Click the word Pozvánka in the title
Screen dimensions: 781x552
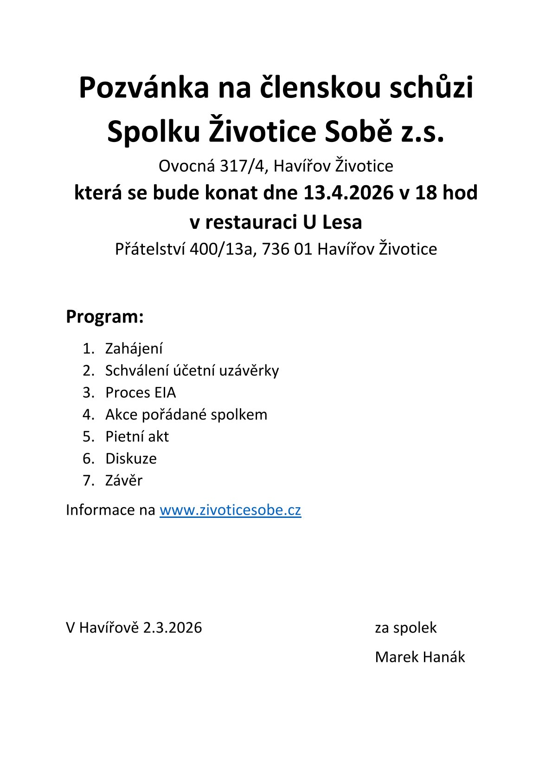coord(144,87)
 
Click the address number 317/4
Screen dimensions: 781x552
coord(242,166)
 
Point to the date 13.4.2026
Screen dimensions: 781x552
coord(348,193)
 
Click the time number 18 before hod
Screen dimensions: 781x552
coord(426,193)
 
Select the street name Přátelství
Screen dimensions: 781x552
coord(150,249)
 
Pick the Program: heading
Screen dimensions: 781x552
coord(105,316)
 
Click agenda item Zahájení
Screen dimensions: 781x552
coord(134,349)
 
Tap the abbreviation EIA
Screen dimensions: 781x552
coord(165,393)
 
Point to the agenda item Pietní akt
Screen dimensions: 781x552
coord(137,437)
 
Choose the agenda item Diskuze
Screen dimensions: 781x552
coord(131,458)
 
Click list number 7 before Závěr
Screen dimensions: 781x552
coord(87,481)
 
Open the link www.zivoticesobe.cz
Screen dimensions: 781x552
coord(230,510)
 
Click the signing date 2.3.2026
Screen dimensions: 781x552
coord(172,627)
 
